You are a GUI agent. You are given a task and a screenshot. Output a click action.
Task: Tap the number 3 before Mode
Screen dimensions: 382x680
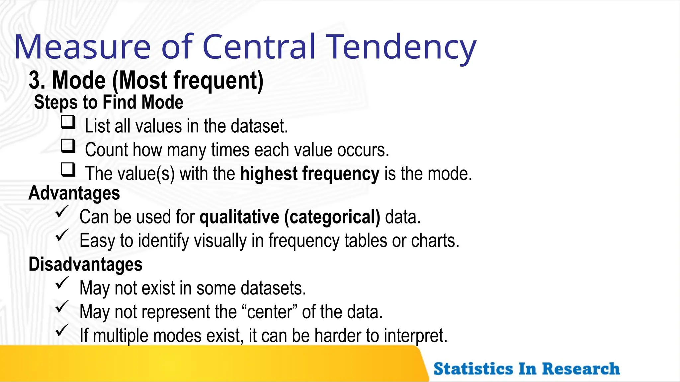35,80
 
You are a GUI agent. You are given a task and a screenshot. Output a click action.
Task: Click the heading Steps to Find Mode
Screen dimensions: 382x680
109,102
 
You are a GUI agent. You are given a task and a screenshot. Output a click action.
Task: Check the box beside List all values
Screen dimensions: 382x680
68,122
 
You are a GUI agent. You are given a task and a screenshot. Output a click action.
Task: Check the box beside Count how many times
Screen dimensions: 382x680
68,146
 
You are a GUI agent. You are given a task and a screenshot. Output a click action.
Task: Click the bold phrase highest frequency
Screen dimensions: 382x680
309,174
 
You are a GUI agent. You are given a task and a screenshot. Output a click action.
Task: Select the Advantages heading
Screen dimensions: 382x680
74,193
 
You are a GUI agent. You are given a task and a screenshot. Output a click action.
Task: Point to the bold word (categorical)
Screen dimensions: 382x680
332,217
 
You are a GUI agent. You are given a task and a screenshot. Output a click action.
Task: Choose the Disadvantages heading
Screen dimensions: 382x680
85,264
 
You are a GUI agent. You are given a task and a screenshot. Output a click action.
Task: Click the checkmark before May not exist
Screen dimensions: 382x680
62,283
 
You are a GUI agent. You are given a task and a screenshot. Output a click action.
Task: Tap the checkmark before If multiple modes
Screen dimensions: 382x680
62,330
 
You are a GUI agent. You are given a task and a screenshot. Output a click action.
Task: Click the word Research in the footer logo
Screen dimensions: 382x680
581,369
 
